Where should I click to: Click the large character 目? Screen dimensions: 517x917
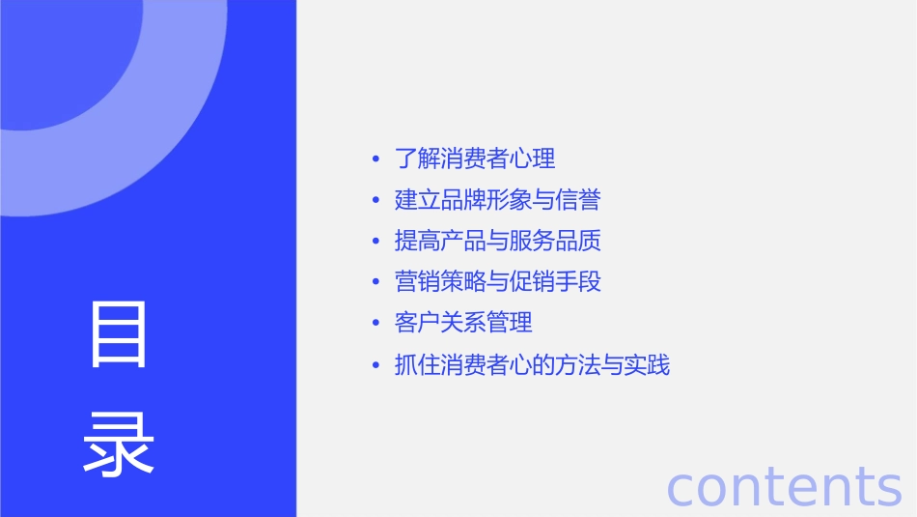(119, 334)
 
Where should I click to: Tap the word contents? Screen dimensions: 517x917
(784, 486)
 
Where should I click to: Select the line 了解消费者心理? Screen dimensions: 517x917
(475, 158)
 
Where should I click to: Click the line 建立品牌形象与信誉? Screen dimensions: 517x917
(497, 200)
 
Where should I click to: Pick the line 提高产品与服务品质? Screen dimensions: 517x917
(498, 241)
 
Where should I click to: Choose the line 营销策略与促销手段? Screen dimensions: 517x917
(498, 282)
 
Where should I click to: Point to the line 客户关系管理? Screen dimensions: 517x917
(463, 323)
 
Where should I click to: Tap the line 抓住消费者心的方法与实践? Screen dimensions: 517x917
(532, 365)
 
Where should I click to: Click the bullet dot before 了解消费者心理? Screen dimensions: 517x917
(375, 159)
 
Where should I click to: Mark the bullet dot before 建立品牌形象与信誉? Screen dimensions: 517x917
(375, 201)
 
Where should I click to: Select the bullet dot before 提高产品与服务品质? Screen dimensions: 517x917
(375, 242)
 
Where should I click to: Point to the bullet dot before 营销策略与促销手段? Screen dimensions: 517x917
(375, 283)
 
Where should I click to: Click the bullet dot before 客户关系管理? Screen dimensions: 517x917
(375, 324)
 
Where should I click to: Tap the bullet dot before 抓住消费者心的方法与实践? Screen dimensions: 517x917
(375, 366)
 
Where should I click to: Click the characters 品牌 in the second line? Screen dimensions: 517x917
(463, 200)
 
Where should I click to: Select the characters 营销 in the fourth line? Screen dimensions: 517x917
(418, 282)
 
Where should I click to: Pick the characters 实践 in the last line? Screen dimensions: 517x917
(647, 365)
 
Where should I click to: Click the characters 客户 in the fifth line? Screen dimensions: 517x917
(418, 323)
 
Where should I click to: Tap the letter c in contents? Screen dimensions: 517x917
(681, 488)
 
